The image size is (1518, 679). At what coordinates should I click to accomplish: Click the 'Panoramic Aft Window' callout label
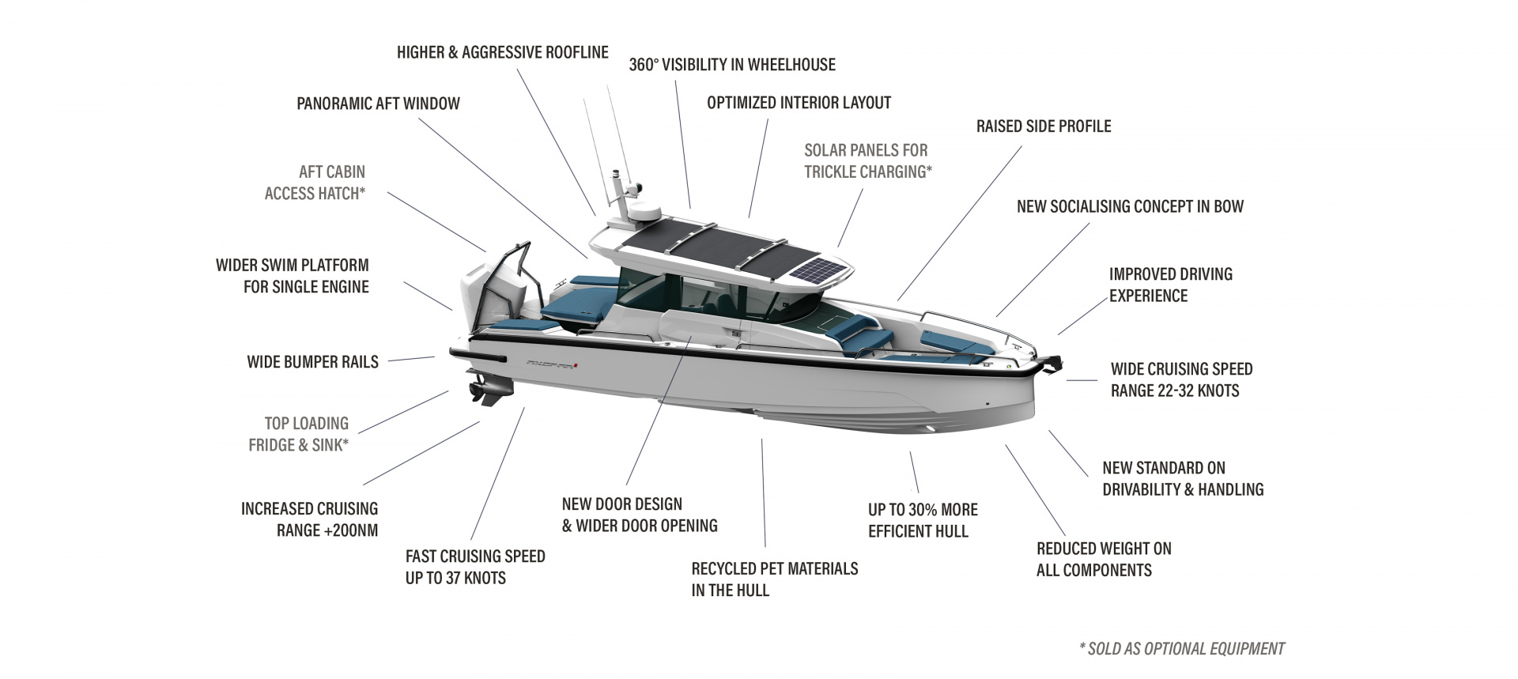click(378, 104)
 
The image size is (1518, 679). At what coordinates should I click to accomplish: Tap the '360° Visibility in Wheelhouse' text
click(731, 65)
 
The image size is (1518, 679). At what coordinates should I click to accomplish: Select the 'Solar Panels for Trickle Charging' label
click(867, 160)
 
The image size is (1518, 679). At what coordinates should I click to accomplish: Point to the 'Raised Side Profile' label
click(1043, 126)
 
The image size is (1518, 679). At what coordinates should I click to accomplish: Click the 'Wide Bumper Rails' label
click(312, 362)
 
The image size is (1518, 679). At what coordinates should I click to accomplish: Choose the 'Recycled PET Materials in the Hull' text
click(774, 579)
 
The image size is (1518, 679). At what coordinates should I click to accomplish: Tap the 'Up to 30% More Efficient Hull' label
click(922, 520)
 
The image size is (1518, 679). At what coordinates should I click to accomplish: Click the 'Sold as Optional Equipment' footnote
click(1181, 649)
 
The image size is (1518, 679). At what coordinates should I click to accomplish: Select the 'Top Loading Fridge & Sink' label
click(298, 434)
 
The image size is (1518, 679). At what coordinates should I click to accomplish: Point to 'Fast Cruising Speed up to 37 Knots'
click(474, 567)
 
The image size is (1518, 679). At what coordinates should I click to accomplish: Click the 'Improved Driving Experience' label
click(1170, 285)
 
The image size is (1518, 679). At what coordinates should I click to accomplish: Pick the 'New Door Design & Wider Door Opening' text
click(639, 515)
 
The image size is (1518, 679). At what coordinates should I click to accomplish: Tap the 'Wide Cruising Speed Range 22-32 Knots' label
click(1180, 379)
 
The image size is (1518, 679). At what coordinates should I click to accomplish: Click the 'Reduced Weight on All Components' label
click(1103, 559)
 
